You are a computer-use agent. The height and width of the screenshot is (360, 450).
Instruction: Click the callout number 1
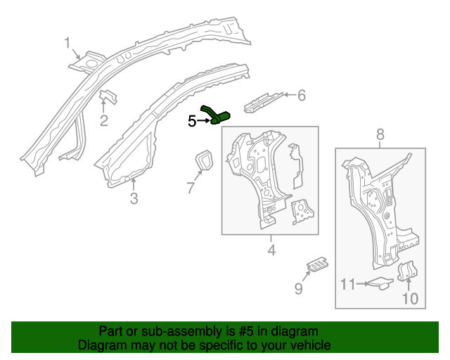point(68,44)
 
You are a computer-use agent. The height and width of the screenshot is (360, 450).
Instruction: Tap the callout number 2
point(103,121)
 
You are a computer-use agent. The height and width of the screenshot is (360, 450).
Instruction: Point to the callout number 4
point(271,250)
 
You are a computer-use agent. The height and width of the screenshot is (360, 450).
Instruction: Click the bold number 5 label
point(192,121)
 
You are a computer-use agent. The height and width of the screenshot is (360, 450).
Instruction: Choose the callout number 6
point(302,95)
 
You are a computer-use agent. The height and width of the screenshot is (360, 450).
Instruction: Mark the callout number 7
point(189,187)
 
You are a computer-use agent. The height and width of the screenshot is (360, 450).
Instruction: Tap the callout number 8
point(380,134)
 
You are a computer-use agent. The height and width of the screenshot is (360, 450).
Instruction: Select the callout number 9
point(298,288)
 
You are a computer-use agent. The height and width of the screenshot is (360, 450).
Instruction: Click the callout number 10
point(409,299)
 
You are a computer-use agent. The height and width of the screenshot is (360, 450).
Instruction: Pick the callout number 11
point(348,284)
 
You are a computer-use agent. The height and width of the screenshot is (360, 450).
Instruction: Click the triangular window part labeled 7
point(204,160)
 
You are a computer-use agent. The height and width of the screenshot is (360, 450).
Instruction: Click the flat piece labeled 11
point(381,283)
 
